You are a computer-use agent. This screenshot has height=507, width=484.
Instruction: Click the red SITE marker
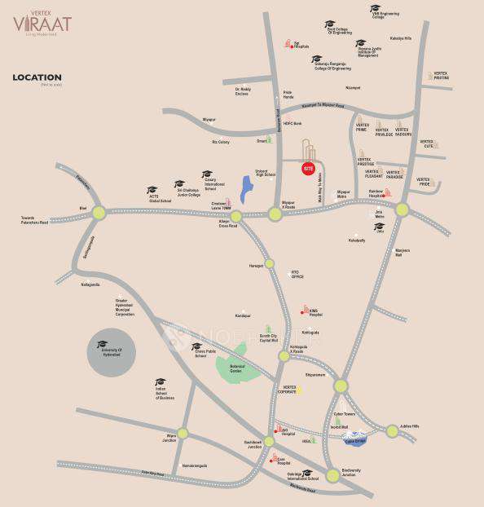pos(308,169)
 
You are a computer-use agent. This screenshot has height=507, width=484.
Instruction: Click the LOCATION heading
pos(37,78)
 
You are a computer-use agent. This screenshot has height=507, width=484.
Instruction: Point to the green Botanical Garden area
pos(237,362)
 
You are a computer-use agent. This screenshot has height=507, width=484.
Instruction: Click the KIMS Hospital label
pos(316,312)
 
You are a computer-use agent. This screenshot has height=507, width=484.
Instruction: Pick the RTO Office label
pos(297,275)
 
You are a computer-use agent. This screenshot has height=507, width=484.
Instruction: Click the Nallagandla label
pos(90,284)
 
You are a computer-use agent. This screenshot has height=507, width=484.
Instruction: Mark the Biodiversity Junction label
pos(351,473)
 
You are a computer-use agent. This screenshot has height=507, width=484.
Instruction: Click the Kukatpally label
pos(356,240)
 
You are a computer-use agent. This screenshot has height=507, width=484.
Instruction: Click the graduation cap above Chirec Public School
pos(196,346)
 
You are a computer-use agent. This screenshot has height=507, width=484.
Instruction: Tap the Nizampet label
pos(352,87)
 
